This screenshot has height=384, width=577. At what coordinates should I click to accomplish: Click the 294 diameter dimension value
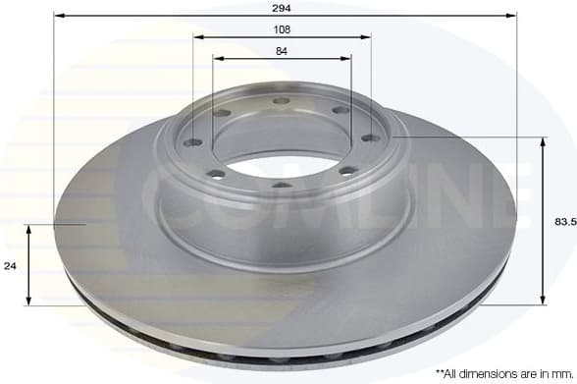(x=284, y=7)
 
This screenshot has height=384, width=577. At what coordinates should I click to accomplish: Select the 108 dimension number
(x=283, y=28)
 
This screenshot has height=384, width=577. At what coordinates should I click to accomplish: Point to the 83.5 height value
(x=564, y=222)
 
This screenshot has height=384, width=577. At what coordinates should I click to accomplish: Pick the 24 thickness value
(x=10, y=265)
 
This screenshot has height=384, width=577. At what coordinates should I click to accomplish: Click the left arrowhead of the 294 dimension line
(x=58, y=16)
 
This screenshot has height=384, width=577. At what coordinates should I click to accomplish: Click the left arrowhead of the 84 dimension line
(x=218, y=59)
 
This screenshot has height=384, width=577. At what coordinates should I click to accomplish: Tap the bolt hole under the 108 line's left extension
(x=193, y=142)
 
